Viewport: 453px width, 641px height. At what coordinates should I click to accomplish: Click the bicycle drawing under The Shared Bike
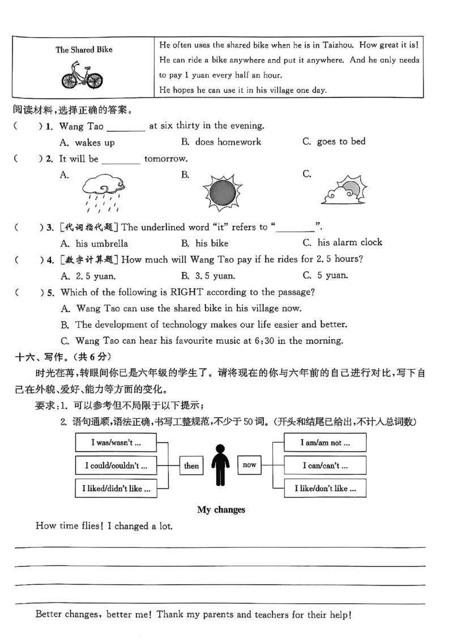pyautogui.click(x=83, y=75)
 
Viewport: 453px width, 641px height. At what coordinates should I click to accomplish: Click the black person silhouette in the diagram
pyautogui.click(x=220, y=465)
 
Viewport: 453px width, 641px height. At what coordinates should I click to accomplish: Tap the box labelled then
pyautogui.click(x=191, y=465)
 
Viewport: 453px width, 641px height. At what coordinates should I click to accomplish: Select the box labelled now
pyautogui.click(x=249, y=465)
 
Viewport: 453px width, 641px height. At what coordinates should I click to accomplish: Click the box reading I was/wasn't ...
pyautogui.click(x=116, y=442)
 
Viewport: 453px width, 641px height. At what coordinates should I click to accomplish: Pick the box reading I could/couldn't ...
pyautogui.click(x=116, y=465)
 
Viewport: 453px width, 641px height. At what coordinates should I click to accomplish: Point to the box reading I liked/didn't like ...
pyautogui.click(x=116, y=488)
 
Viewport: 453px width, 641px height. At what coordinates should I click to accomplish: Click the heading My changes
pyautogui.click(x=221, y=510)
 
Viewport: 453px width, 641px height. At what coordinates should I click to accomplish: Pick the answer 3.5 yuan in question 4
pyautogui.click(x=215, y=276)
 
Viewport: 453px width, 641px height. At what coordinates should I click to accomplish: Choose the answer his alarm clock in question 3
pyautogui.click(x=349, y=243)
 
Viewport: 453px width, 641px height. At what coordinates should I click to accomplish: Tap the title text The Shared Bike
pyautogui.click(x=84, y=50)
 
